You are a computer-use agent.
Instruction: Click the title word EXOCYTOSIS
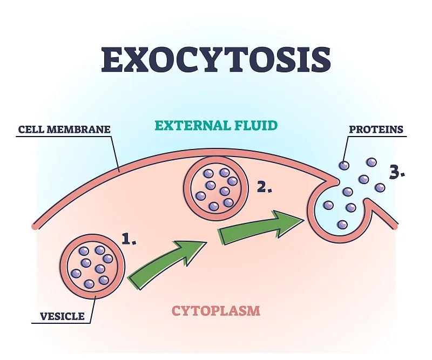(x=215, y=59)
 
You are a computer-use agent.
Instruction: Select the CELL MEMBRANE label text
(x=64, y=130)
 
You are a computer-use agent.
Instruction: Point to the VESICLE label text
(x=62, y=316)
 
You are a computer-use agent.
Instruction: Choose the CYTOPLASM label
(x=216, y=311)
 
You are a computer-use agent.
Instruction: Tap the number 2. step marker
(x=265, y=187)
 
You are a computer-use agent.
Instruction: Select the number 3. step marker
(x=397, y=173)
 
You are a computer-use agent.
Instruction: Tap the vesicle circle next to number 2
(x=216, y=188)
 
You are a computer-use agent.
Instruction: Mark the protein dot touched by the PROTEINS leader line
(x=344, y=166)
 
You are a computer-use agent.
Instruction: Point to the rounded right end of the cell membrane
(x=396, y=225)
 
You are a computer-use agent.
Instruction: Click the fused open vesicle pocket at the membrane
(x=337, y=208)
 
